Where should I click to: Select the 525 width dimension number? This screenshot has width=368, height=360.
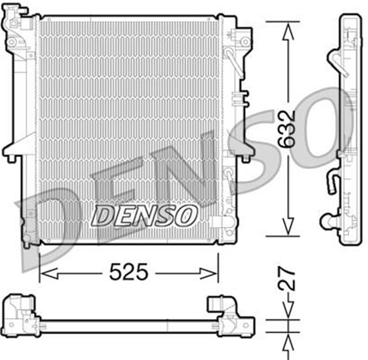[x=128, y=272]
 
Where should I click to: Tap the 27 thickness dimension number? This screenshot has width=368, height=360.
[x=287, y=279]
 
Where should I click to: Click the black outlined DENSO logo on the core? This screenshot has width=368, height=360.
[x=144, y=216]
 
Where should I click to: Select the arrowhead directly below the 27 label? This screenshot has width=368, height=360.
[x=287, y=311]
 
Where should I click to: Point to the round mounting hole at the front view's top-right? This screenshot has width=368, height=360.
[x=244, y=41]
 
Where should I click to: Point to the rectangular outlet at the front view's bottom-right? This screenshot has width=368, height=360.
[x=220, y=222]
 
